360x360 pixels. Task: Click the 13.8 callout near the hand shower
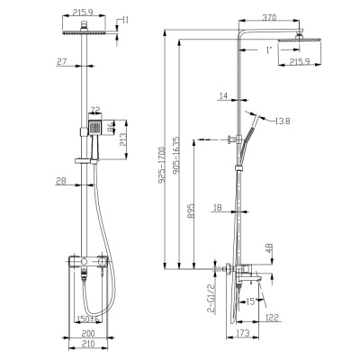pos(282,120)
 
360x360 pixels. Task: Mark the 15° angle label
pos(250,300)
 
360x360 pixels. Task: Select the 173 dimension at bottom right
pos(243,334)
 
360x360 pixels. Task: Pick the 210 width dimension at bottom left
pos(86,344)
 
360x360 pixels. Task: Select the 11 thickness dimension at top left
pos(124,18)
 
